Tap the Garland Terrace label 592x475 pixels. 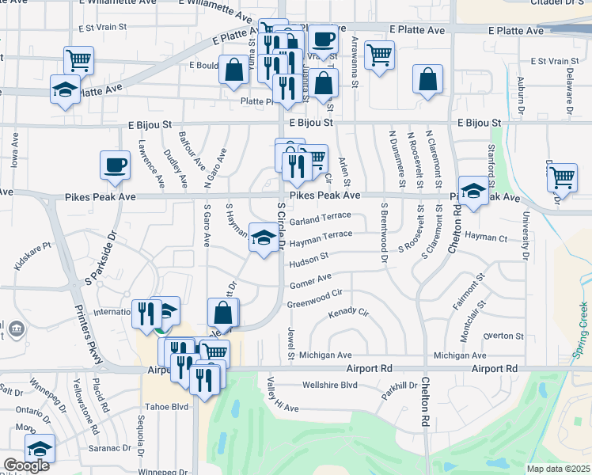[321, 217]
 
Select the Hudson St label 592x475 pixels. [309, 257]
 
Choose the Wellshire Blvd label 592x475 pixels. [330, 386]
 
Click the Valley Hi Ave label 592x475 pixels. [282, 403]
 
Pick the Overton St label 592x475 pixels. [499, 336]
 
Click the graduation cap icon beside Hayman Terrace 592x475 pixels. [264, 237]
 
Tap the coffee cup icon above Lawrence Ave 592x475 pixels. [116, 165]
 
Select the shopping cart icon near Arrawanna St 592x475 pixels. [380, 55]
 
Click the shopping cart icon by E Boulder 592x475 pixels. [78, 59]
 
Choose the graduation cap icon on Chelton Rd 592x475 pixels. [473, 191]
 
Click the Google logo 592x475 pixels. [27, 465]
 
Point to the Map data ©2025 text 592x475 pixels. [559, 469]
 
